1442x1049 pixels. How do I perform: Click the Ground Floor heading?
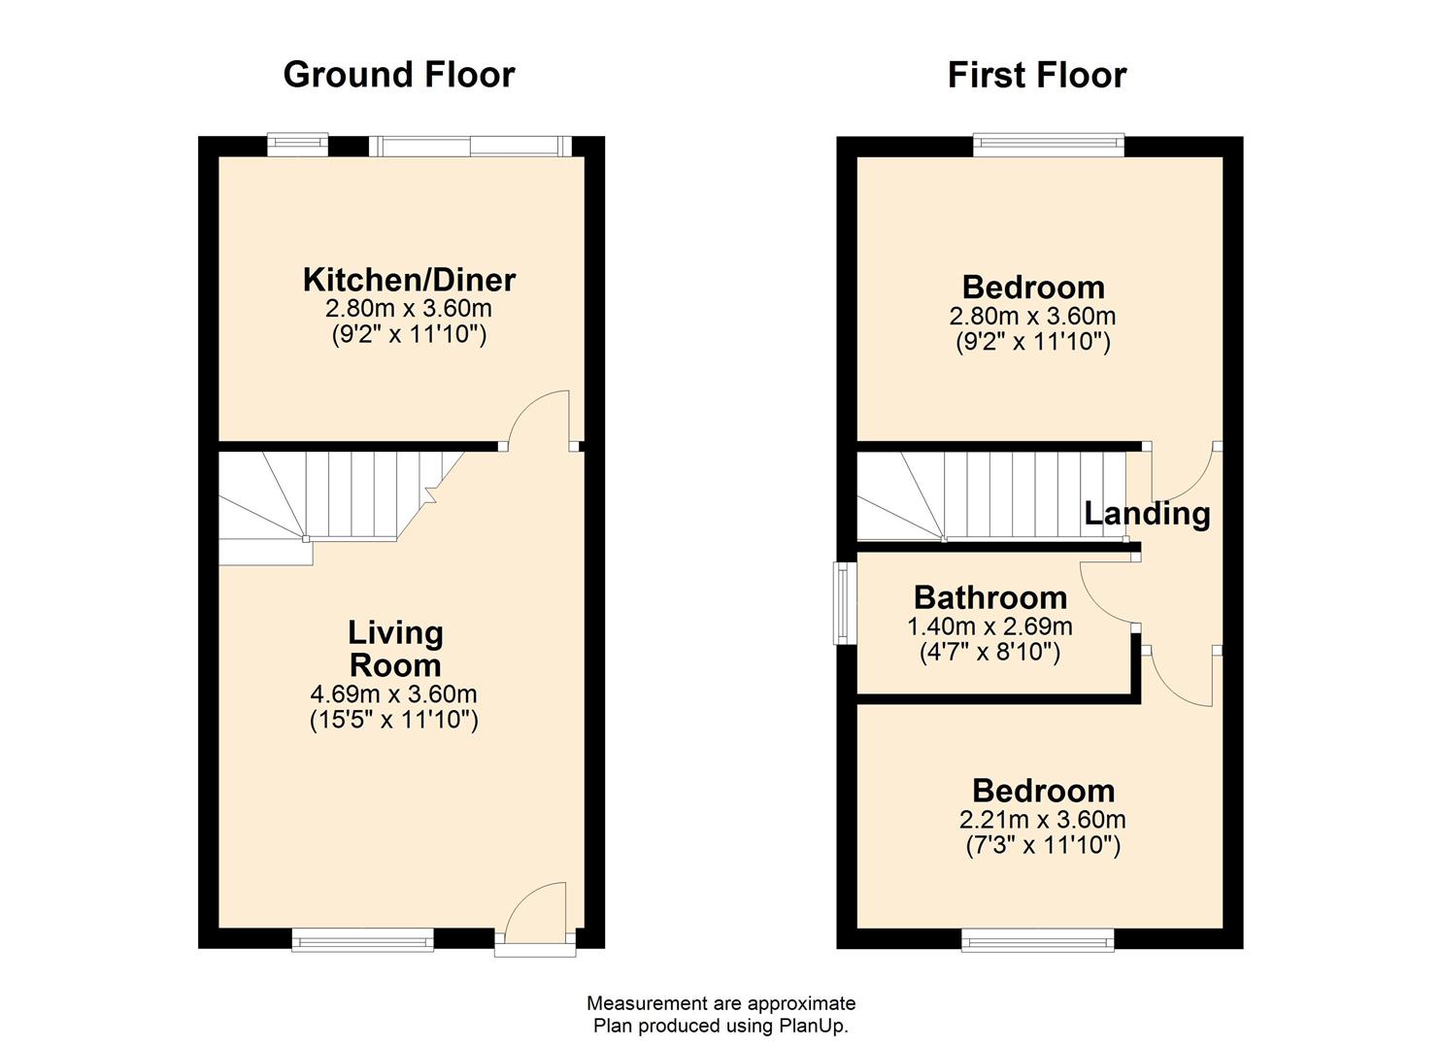coord(398,75)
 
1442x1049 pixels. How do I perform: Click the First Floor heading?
coord(1036,75)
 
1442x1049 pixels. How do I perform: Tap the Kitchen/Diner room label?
coord(409,280)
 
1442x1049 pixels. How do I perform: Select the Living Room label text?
coord(395,649)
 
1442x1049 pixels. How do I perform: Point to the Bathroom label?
coord(989,596)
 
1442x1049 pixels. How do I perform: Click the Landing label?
coord(1147,513)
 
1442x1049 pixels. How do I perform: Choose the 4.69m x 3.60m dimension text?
coord(393,694)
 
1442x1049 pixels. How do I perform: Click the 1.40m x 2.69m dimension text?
coord(989,626)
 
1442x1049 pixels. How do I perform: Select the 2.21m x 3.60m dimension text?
coord(1043,819)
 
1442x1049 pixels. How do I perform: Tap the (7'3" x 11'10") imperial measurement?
coord(1043,845)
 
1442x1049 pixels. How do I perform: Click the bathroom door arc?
coord(1107,592)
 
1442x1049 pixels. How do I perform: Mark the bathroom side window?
coord(843,603)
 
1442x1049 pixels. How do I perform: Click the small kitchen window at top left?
coord(297,146)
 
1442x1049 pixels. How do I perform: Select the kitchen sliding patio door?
coord(470,146)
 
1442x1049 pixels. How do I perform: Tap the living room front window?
coord(362,938)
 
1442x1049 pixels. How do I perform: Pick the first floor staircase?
coord(990,495)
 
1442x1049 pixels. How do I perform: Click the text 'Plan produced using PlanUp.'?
coord(721,1026)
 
